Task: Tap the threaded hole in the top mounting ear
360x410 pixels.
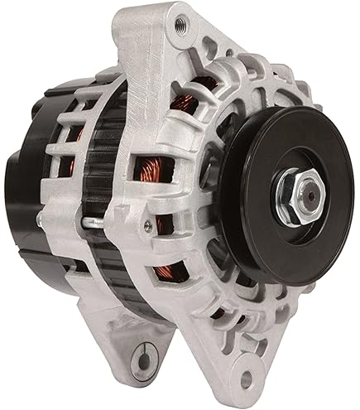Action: coord(177,27)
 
